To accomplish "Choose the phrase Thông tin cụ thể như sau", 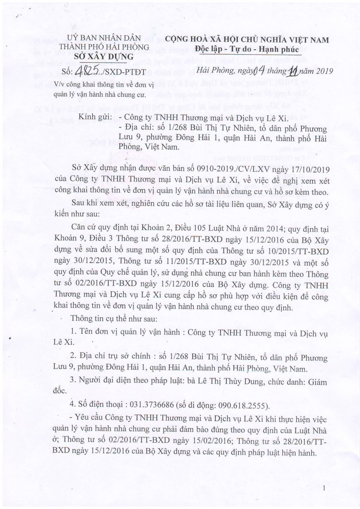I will click(x=110, y=318).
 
